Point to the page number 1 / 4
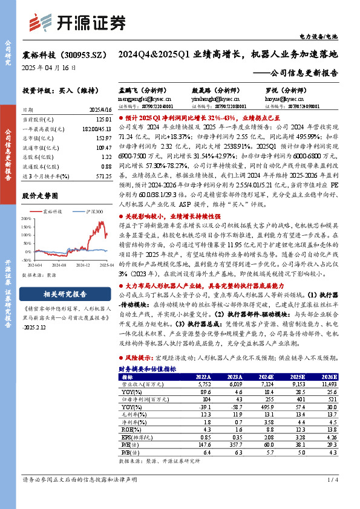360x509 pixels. coord(332,496)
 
